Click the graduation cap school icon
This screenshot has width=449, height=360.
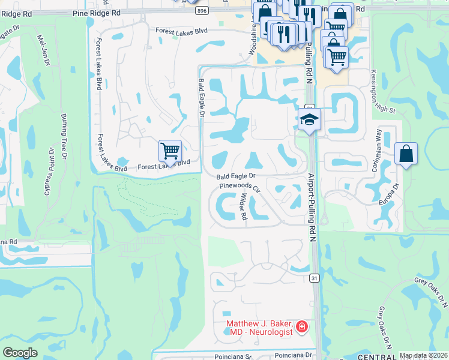(310, 120)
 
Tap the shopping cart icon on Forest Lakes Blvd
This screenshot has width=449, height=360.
(170, 151)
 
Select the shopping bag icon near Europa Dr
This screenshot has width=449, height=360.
(406, 154)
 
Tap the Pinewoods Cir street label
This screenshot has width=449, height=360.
(240, 187)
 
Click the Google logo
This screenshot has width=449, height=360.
(20, 353)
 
